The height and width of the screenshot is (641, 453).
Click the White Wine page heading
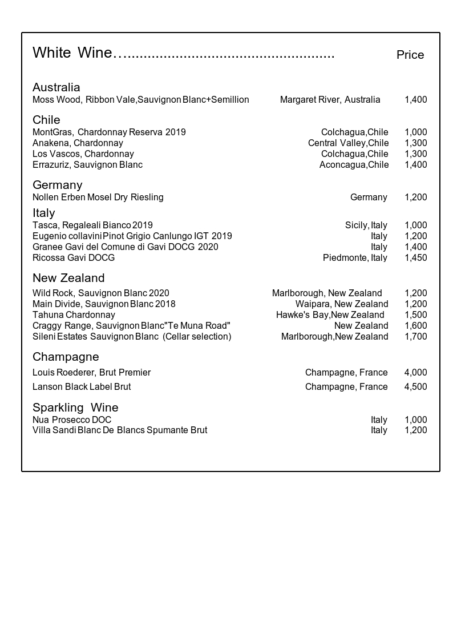tap(72, 53)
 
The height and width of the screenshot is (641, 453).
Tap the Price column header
tap(410, 55)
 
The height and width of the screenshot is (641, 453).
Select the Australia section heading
tap(56, 87)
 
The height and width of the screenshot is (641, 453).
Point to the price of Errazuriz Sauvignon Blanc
tap(415, 165)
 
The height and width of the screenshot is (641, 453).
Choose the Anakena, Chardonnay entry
tap(78, 143)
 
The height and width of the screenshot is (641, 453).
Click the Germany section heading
tap(57, 185)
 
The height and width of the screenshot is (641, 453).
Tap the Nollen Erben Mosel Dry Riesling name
tap(98, 197)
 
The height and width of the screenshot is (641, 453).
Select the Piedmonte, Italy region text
tap(355, 258)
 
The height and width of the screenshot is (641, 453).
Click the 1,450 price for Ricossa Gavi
tap(415, 258)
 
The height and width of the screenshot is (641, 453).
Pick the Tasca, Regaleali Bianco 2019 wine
tap(92, 225)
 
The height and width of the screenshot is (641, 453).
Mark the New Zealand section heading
tap(68, 278)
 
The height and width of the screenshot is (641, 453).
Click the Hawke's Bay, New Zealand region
tap(330, 315)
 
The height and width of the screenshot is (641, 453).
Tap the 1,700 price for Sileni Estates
tap(415, 337)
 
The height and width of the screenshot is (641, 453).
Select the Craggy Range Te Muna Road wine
tap(131, 326)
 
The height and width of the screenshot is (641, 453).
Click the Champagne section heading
tap(66, 357)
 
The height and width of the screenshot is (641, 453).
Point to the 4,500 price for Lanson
tap(415, 387)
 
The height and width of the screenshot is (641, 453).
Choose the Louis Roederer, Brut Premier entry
tap(91, 373)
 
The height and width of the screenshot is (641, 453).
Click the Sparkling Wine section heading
tap(75, 408)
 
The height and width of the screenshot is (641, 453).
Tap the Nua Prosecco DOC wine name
tap(72, 420)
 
